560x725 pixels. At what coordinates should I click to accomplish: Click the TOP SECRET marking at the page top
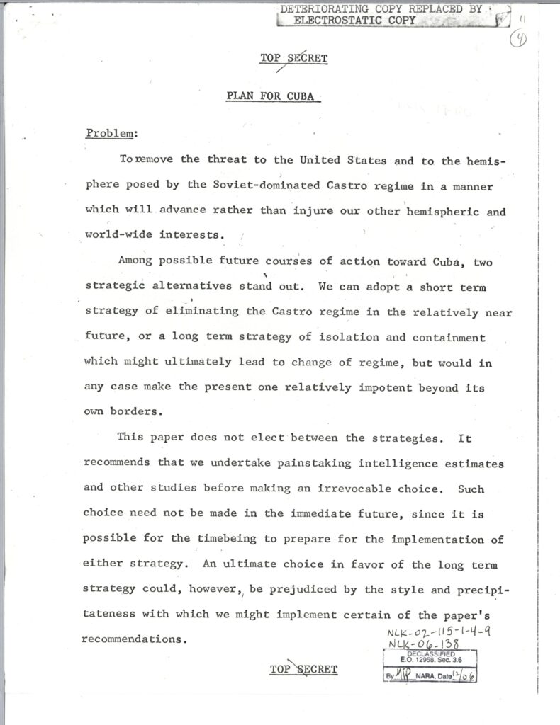tap(293, 59)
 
